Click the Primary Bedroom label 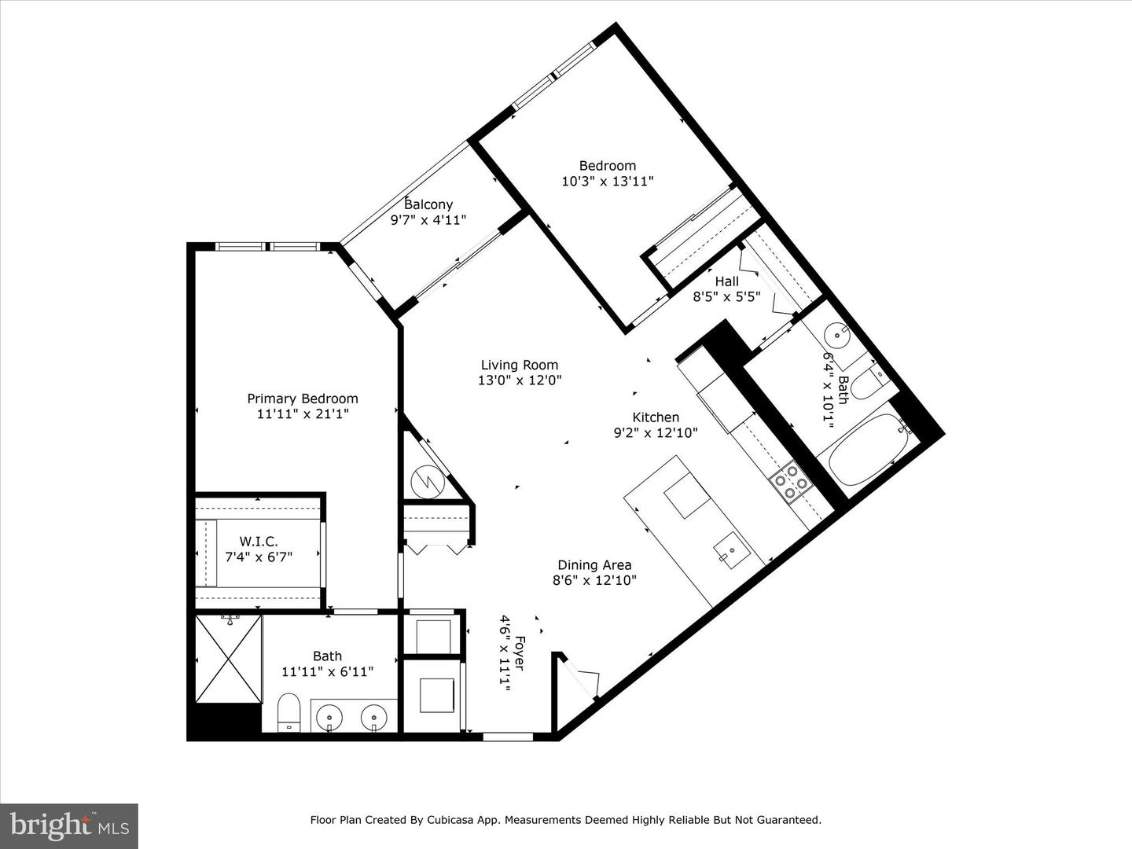[x=303, y=399]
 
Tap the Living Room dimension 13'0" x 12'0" [x=520, y=380]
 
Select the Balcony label [x=428, y=204]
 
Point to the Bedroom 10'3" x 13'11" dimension [x=608, y=181]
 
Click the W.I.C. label [x=259, y=542]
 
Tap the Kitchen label [x=656, y=417]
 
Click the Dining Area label [x=594, y=564]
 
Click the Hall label [x=726, y=281]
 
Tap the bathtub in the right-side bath [x=863, y=457]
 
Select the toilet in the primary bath [x=289, y=711]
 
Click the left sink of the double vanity [x=328, y=717]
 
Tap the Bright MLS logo [x=69, y=825]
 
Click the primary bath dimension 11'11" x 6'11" [x=327, y=671]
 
